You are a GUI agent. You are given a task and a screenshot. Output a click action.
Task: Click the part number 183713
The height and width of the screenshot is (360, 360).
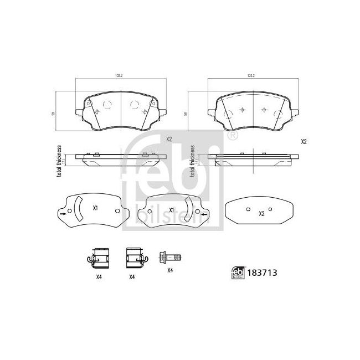pyautogui.click(x=263, y=272)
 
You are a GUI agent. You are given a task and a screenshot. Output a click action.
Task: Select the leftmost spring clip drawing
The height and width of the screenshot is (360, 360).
pyautogui.click(x=97, y=257)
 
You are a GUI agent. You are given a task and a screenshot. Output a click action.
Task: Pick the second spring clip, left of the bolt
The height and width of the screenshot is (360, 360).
pyautogui.click(x=135, y=257)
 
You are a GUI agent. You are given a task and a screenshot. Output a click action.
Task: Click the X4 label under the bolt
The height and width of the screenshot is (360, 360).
pyautogui.click(x=170, y=271)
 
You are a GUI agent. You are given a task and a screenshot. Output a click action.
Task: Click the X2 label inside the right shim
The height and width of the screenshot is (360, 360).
pyautogui.click(x=261, y=212)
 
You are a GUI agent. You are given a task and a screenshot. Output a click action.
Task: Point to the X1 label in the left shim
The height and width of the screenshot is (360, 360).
pyautogui.click(x=95, y=208)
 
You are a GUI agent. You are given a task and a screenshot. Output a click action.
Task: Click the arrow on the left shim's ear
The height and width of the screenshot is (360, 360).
pyautogui.click(x=63, y=212)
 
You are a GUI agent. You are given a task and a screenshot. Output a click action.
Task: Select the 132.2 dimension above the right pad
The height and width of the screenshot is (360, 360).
pyautogui.click(x=250, y=76)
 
